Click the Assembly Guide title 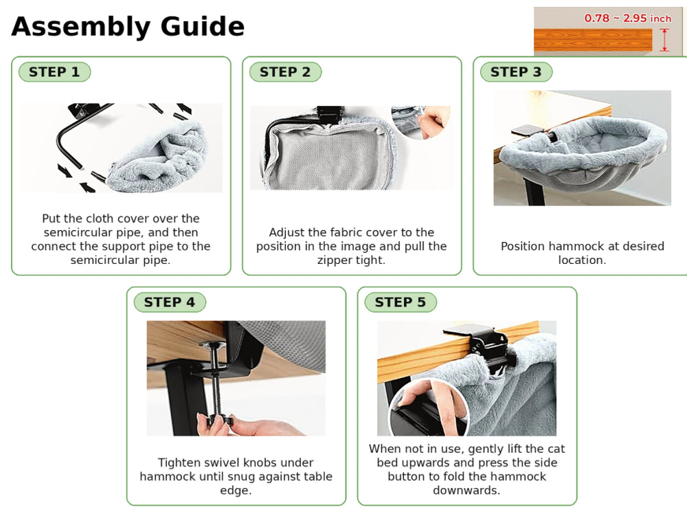128,26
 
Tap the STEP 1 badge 54,72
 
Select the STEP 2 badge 285,72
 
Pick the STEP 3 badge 516,72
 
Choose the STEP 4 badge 170,302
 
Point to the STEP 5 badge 401,302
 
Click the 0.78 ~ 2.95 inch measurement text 627,19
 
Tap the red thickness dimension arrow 664,40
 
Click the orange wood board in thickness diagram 593,40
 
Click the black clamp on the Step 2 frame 330,115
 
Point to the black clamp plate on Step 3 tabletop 528,130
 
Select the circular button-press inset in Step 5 427,408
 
